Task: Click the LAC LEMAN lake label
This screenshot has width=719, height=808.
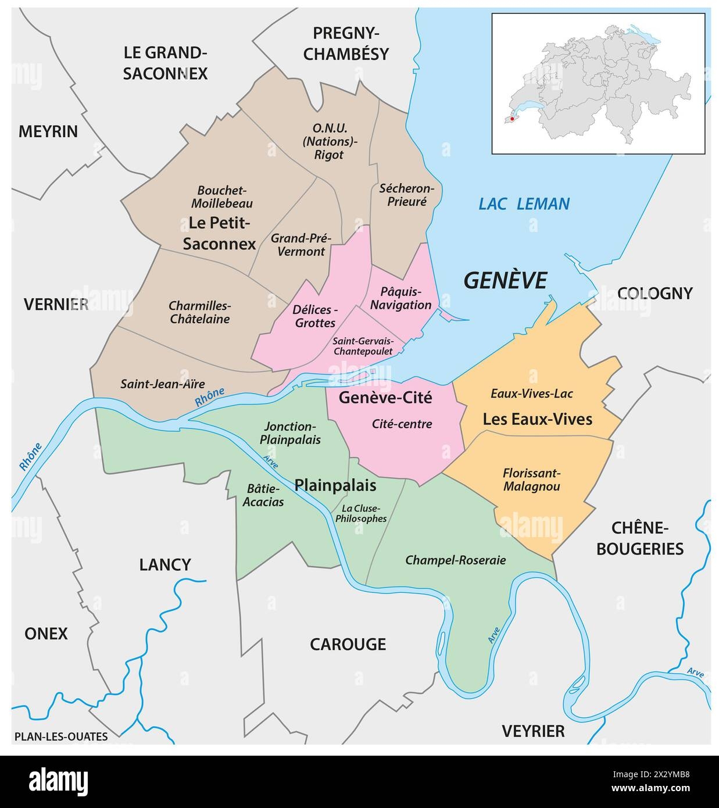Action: (524, 204)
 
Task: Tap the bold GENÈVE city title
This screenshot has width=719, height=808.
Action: (505, 280)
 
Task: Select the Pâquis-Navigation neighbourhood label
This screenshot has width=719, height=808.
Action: (401, 298)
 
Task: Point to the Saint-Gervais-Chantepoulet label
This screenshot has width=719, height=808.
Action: (363, 346)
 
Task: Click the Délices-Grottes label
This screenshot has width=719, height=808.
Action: (315, 316)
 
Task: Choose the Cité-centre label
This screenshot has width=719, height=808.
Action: (402, 424)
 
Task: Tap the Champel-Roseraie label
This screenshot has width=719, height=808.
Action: (455, 560)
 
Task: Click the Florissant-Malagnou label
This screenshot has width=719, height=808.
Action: (532, 480)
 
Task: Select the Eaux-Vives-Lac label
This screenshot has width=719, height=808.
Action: (532, 394)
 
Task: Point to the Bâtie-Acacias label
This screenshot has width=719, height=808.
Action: (264, 494)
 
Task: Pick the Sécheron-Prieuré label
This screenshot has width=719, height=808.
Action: (406, 195)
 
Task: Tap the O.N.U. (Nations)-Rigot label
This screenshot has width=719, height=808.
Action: (329, 141)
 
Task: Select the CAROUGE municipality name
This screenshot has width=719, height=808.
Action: (348, 643)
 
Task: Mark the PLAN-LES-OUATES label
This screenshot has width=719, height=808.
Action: (60, 737)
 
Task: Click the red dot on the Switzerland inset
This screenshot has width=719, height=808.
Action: (512, 119)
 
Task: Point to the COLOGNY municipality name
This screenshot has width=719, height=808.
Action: (654, 293)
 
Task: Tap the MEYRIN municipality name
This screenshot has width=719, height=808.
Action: (48, 131)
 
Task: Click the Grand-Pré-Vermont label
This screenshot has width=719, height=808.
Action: (301, 245)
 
